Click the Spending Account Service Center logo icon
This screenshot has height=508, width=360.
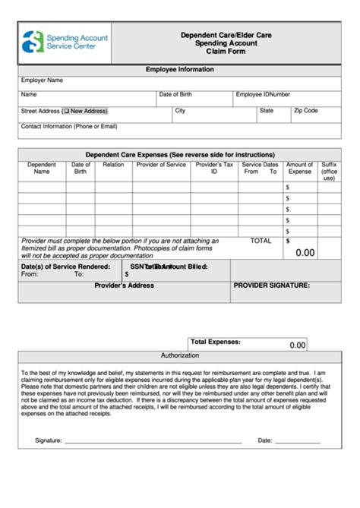(x=33, y=43)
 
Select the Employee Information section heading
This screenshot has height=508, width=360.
(x=180, y=69)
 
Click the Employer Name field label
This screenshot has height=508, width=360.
(x=42, y=80)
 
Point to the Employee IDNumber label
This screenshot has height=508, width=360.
(x=263, y=95)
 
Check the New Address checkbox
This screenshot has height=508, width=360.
(x=67, y=111)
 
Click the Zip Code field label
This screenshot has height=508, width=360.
(x=305, y=111)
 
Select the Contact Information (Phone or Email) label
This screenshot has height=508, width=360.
(x=69, y=126)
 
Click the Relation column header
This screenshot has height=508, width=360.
(x=113, y=165)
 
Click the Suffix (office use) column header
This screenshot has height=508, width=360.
(x=329, y=172)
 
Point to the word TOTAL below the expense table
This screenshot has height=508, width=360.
(x=261, y=241)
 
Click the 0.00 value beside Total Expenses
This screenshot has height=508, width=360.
(x=298, y=345)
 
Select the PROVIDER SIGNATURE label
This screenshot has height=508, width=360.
(x=271, y=286)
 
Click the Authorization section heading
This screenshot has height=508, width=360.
(x=180, y=355)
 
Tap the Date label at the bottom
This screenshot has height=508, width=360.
(x=265, y=440)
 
